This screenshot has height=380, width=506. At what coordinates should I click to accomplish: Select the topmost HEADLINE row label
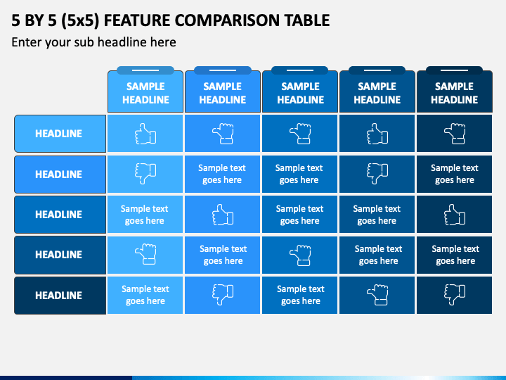[59, 134]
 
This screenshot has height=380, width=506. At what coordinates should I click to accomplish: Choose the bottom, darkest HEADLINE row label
[59, 296]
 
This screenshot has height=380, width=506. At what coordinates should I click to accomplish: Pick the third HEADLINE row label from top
[59, 214]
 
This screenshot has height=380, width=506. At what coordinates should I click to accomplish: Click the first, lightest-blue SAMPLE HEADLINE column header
[145, 93]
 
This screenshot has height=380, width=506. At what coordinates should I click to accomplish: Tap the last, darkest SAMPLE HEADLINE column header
[455, 93]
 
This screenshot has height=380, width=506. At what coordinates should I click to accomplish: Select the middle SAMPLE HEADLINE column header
[301, 93]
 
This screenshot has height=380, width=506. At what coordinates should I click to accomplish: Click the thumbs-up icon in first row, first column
[145, 134]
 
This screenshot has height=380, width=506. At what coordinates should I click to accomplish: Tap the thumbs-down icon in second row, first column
[145, 174]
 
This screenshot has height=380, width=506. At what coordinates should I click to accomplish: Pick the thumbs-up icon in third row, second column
[223, 215]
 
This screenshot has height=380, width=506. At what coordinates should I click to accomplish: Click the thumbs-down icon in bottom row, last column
[455, 295]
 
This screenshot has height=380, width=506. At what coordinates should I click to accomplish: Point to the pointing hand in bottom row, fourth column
[377, 295]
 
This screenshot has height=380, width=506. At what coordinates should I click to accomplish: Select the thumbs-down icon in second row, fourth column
[377, 174]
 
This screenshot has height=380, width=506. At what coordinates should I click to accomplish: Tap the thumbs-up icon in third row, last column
[455, 215]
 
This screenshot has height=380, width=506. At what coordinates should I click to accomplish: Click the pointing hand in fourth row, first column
[145, 254]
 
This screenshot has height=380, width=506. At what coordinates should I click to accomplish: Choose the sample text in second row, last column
[455, 174]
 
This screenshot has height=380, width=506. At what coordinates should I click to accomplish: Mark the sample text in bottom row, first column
[145, 295]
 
